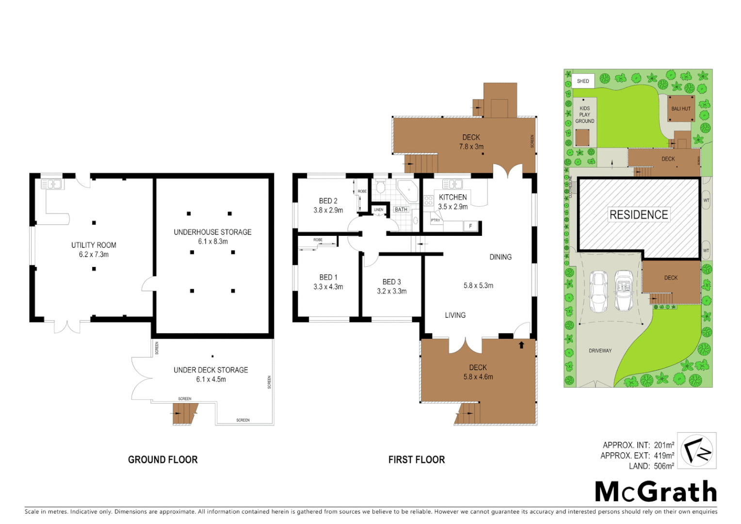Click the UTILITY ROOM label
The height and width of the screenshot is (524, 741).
tap(94, 245)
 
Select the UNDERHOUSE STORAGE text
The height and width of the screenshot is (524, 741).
tap(212, 232)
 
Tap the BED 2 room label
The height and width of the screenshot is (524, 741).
tap(328, 201)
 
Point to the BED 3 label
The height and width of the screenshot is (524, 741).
tap(391, 282)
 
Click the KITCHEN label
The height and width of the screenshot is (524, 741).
tap(452, 197)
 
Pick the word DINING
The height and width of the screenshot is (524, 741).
tap(500, 257)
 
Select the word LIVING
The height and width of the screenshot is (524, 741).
tap(455, 315)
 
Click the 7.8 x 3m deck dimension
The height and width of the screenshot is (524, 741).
tap(471, 147)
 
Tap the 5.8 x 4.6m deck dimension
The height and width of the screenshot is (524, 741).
tap(478, 377)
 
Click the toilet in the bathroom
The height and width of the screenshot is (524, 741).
tap(381, 187)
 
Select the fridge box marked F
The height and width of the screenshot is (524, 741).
tap(470, 226)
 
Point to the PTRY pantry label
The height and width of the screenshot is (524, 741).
tap(435, 220)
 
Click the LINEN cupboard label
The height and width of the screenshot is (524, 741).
tap(379, 210)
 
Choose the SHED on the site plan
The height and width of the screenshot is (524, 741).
tap(583, 81)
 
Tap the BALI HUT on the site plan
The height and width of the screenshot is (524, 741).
tap(681, 109)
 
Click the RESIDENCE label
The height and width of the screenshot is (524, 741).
tap(639, 215)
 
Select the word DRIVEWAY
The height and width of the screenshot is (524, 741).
tap(600, 351)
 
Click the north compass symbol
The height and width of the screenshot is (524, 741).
tap(696, 451)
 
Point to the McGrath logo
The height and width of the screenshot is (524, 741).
tap(656, 492)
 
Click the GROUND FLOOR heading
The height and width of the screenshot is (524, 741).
tap(162, 459)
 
